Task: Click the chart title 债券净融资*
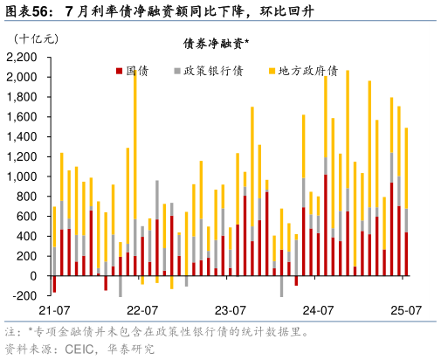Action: pos(215,44)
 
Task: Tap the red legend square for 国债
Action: pos(119,70)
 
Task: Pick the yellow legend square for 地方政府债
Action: pos(271,70)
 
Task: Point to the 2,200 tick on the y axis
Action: pos(23,57)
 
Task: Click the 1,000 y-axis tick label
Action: pos(23,177)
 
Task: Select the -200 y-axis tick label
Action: pos(26,296)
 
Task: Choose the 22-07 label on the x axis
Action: pos(141,310)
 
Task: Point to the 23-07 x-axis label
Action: pos(230,310)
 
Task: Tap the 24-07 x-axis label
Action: pos(318,310)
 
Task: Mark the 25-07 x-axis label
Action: pos(406,310)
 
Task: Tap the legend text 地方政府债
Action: pos(307,70)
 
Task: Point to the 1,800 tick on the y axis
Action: pos(23,97)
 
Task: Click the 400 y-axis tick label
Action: pos(28,237)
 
